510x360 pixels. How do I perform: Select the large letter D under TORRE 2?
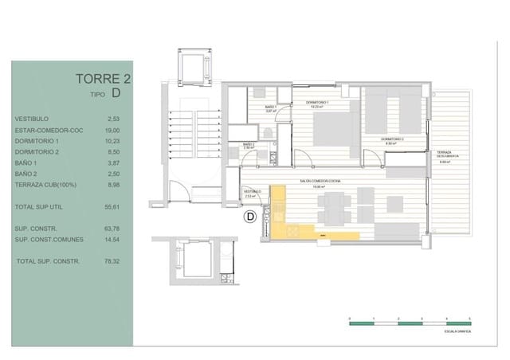pyautogui.click(x=116, y=93)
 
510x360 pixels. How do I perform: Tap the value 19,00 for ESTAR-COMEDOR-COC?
pyautogui.click(x=113, y=130)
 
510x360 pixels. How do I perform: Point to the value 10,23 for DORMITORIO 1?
pyautogui.click(x=113, y=141)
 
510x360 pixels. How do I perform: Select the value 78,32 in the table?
pyautogui.click(x=113, y=260)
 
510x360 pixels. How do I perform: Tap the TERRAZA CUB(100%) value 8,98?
pyautogui.click(x=113, y=184)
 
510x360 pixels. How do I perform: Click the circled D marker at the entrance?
pyautogui.click(x=249, y=216)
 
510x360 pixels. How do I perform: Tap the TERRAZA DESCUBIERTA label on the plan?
pyautogui.click(x=444, y=155)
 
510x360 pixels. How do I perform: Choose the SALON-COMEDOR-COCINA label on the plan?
pyautogui.click(x=320, y=182)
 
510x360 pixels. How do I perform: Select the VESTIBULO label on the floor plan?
pyautogui.click(x=253, y=191)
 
